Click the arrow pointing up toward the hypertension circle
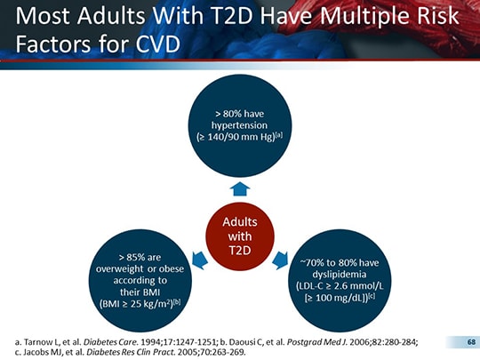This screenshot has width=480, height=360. point(239,188)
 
